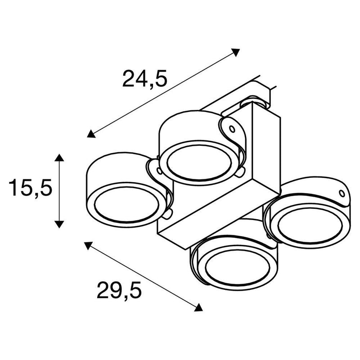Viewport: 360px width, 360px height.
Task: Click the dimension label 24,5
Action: point(145,79)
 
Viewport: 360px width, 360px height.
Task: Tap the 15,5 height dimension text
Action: point(30,188)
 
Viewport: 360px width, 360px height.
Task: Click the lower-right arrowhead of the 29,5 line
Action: point(198,307)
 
